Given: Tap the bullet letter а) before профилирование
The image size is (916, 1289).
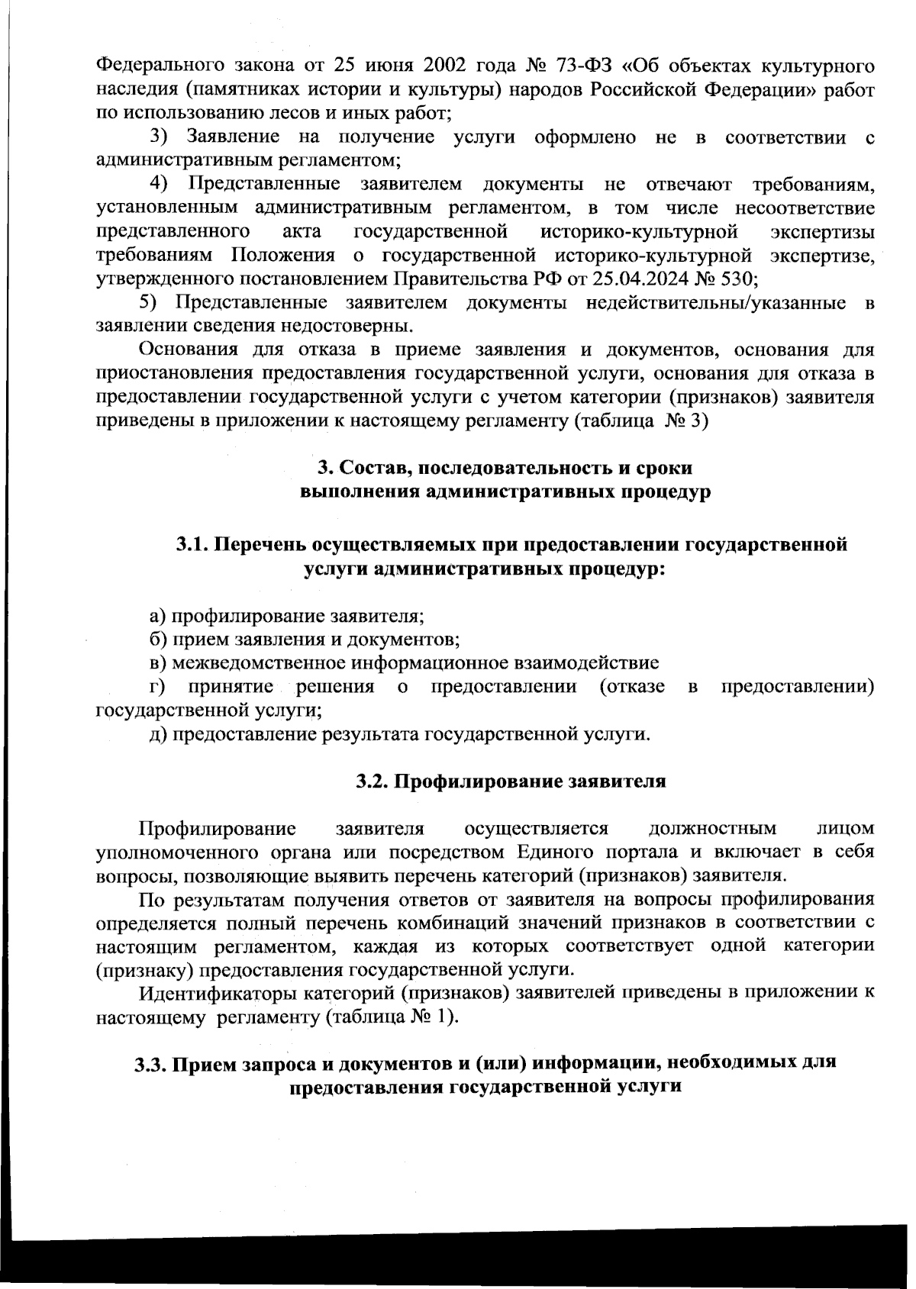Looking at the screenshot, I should (157, 616).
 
